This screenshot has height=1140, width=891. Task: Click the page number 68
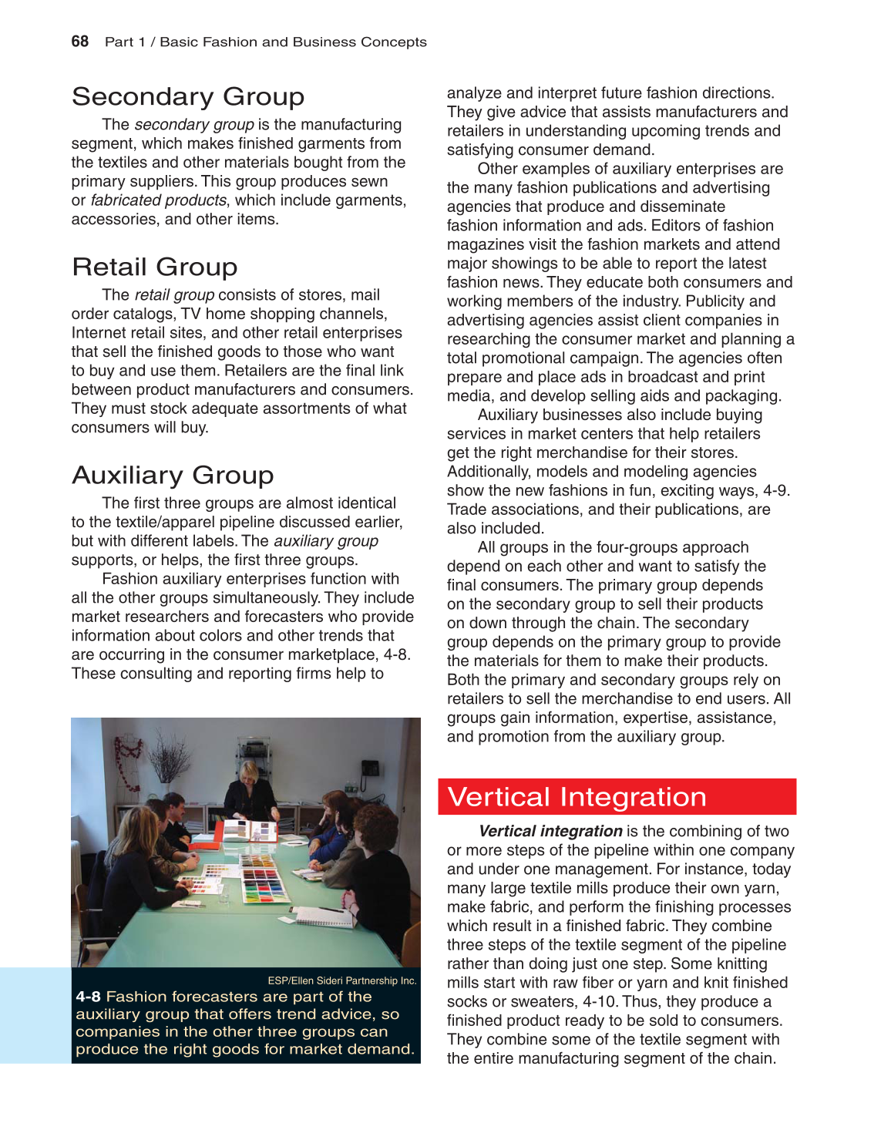(x=79, y=42)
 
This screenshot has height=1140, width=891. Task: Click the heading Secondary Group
(x=188, y=96)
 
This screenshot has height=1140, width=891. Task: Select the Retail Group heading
(x=155, y=267)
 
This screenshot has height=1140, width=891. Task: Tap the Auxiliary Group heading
(x=173, y=475)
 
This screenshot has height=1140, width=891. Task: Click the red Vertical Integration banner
(x=617, y=796)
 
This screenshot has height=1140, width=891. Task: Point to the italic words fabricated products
(x=158, y=200)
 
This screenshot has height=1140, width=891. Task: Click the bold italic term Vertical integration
(x=550, y=831)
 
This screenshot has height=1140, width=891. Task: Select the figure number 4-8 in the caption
(x=88, y=997)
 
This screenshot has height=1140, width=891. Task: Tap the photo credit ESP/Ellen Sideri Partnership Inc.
(x=341, y=980)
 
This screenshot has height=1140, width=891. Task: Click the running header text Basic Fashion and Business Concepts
(x=293, y=42)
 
